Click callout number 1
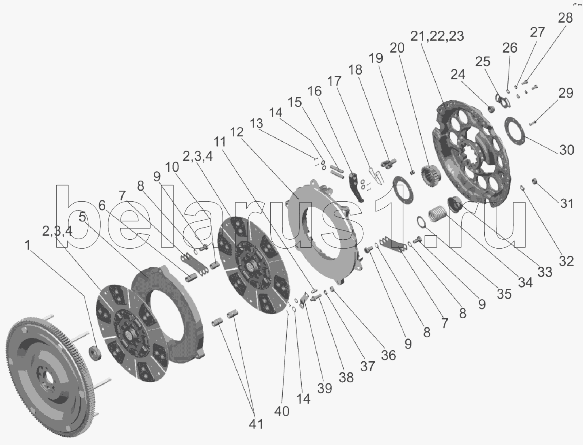(28, 245)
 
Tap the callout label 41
(256, 424)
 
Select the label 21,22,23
(437, 36)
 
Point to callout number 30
(566, 150)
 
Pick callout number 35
(504, 294)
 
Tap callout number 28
(565, 18)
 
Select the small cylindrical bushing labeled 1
(95, 353)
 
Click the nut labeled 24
(492, 109)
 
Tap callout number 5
(83, 217)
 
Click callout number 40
(282, 411)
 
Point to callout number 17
(334, 81)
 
